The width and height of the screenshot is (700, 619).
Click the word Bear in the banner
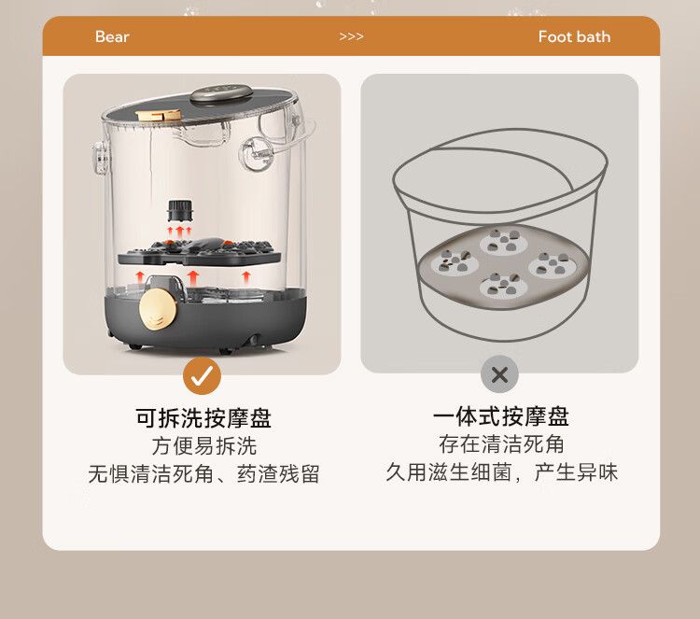(x=112, y=36)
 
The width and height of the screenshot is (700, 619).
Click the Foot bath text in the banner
(x=574, y=36)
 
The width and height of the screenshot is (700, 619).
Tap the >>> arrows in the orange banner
(x=351, y=36)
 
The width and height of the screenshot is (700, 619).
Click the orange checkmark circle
(x=202, y=375)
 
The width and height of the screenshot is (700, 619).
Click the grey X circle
(x=499, y=374)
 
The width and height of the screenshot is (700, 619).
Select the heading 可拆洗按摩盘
(x=203, y=418)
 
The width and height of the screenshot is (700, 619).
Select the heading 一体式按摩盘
(x=501, y=416)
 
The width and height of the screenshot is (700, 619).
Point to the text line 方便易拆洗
(x=204, y=445)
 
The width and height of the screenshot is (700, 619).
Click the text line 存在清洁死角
(x=501, y=443)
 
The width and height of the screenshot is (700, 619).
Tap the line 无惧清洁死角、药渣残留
(x=204, y=474)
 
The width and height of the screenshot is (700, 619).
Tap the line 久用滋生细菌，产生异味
(x=502, y=472)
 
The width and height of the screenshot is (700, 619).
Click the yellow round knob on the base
(x=157, y=308)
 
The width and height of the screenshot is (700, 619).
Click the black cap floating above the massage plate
(x=181, y=210)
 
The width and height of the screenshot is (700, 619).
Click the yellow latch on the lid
(x=159, y=115)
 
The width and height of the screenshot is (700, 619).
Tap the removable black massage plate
(x=199, y=252)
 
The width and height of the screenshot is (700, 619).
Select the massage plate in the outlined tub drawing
(x=503, y=267)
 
